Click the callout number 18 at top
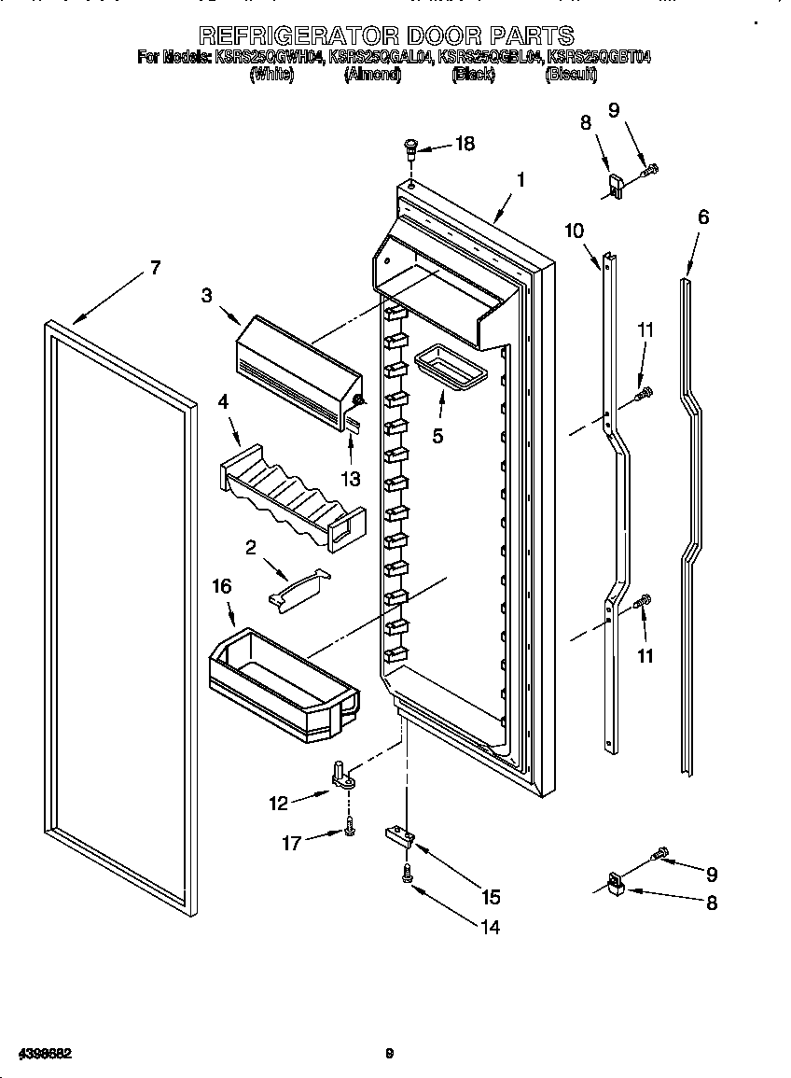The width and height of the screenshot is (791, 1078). (464, 144)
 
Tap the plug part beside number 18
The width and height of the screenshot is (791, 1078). (410, 148)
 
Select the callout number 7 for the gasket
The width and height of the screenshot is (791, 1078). (155, 269)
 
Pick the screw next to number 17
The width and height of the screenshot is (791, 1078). (348, 826)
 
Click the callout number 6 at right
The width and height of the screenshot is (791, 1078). (702, 217)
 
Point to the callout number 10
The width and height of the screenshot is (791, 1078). (574, 231)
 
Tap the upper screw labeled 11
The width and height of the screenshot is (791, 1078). (642, 396)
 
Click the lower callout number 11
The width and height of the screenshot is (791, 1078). (645, 656)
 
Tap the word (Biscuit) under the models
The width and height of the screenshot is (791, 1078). (570, 76)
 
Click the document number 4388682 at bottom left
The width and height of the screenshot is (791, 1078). (38, 1054)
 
